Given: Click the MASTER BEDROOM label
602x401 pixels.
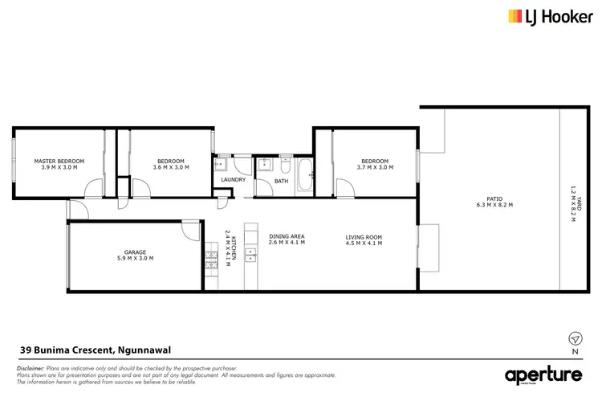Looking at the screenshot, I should [59, 161].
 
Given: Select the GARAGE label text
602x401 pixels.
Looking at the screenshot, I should [134, 252].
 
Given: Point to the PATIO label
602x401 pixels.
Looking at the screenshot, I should [494, 198].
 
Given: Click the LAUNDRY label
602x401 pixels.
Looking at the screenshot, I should [233, 179].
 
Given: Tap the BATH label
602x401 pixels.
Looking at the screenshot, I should [281, 181].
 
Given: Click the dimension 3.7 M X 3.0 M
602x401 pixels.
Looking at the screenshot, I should [372, 168].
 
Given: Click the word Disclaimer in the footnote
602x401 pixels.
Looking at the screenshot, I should [31, 366].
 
